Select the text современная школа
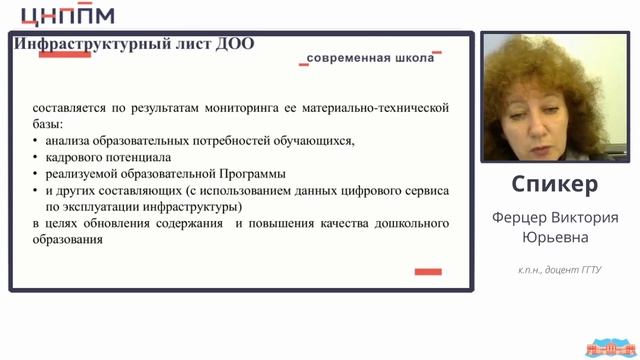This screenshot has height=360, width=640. tap(371, 59)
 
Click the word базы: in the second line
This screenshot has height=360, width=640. tap(47, 124)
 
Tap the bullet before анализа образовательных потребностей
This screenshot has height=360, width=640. tap(36, 141)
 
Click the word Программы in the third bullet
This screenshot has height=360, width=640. tap(252, 173)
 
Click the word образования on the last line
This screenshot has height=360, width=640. tap(68, 239)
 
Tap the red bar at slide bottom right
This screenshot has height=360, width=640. tap(428, 271)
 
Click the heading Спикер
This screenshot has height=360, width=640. tap(554, 185)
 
